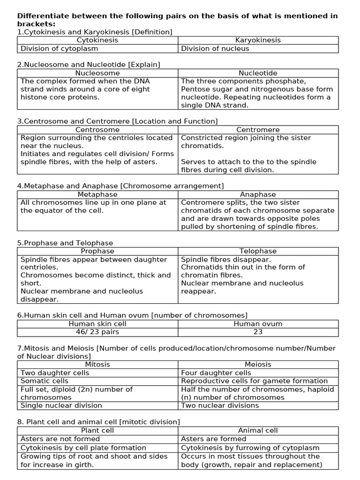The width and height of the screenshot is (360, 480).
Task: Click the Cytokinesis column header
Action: (x=97, y=40)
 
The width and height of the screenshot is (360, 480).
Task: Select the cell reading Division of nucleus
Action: (x=215, y=48)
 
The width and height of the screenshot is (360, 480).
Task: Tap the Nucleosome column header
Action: (x=97, y=73)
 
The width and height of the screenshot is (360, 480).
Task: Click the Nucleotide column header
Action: (x=258, y=73)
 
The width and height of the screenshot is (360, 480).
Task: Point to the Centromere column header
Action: (x=258, y=130)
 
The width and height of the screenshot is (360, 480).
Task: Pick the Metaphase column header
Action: (x=97, y=195)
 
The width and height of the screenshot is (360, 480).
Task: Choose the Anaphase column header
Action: (x=258, y=195)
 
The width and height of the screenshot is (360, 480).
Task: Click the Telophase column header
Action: (x=258, y=251)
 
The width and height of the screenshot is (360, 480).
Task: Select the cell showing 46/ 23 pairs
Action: (x=97, y=332)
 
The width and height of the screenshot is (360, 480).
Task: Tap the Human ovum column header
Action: (x=258, y=324)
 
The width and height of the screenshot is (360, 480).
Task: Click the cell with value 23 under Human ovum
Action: (x=258, y=332)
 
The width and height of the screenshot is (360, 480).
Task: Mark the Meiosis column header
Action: (x=258, y=364)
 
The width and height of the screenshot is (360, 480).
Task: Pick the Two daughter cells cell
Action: (x=55, y=373)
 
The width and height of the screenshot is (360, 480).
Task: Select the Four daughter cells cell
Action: (x=216, y=373)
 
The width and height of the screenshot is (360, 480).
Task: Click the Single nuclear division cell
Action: (x=61, y=405)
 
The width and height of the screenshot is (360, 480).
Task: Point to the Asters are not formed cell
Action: (x=60, y=439)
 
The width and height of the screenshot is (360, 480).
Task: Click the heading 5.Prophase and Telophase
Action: (x=65, y=243)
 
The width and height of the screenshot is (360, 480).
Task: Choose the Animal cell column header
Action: (x=258, y=430)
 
